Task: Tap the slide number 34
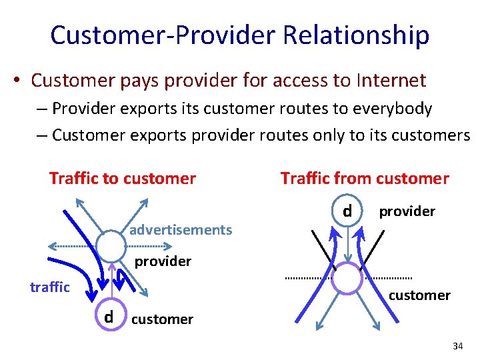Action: coord(457,346)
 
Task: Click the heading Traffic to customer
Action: coord(123,178)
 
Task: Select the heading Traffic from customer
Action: coord(365,178)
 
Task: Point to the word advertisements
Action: coord(181,230)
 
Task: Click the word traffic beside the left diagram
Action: coord(50,287)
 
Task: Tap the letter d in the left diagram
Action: coord(108,317)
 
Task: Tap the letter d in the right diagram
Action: coord(347,211)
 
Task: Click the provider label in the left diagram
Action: coord(163,261)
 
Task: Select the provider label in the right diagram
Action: coord(407,211)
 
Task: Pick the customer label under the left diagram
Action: coord(162,319)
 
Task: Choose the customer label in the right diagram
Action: coord(419,295)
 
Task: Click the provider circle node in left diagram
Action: coord(111,247)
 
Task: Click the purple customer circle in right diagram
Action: coord(347,279)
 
